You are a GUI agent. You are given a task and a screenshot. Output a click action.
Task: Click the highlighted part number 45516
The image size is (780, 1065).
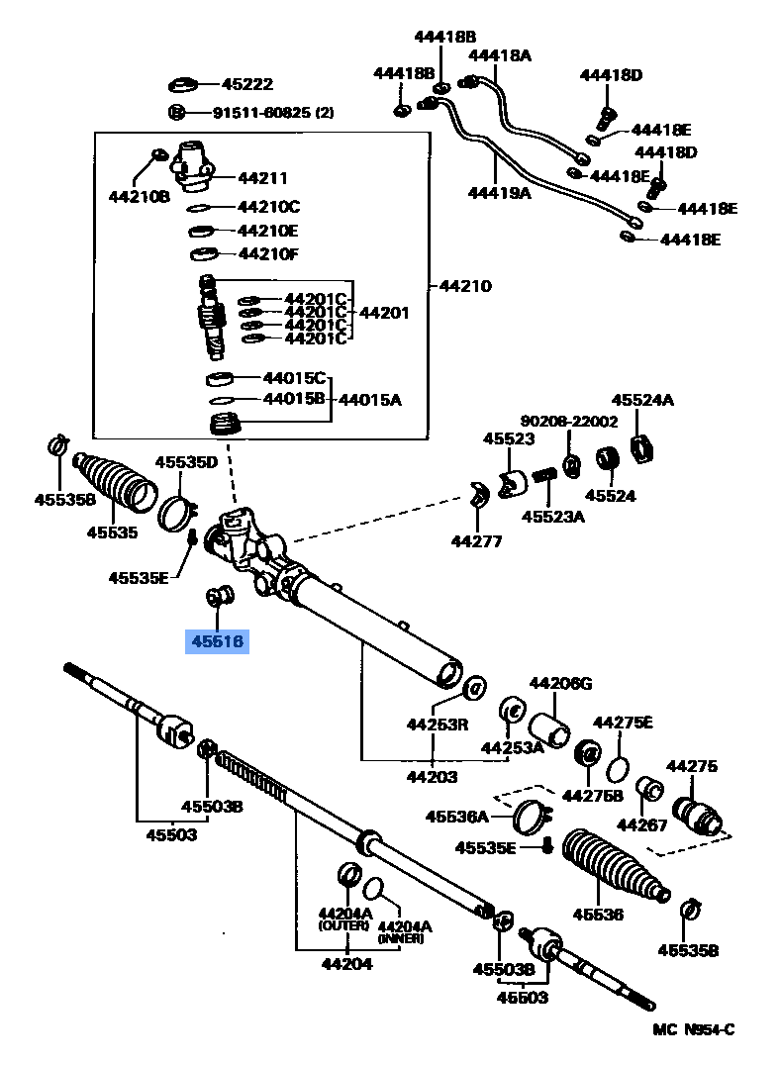[x=217, y=642]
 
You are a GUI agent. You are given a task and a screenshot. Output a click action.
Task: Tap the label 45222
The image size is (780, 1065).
[x=246, y=85]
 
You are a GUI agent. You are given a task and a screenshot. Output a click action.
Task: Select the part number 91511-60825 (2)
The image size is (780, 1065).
[x=261, y=113]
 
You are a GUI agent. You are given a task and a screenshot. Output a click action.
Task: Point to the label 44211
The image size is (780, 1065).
[x=262, y=178]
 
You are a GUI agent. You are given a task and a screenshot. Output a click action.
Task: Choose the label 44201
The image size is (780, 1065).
[x=383, y=313]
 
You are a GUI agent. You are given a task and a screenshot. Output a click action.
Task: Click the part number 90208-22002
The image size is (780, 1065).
[x=569, y=421]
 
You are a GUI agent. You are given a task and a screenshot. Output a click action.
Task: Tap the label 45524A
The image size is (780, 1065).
[x=641, y=400]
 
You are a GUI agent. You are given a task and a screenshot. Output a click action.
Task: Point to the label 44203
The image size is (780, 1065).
[x=432, y=777]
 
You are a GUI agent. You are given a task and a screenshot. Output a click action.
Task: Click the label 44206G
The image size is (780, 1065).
[x=559, y=683]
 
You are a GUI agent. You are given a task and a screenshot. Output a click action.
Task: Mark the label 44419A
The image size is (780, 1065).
[x=499, y=193]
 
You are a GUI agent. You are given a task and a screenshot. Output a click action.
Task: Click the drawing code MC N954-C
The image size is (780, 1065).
[x=693, y=1030]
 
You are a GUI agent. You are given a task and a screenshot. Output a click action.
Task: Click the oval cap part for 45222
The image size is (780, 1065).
[x=185, y=85]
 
